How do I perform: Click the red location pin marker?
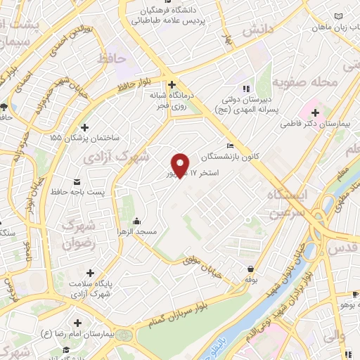[181, 165]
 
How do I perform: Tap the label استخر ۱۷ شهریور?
[190, 173]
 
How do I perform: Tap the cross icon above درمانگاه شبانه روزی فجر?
[172, 84]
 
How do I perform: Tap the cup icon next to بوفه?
[250, 268]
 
